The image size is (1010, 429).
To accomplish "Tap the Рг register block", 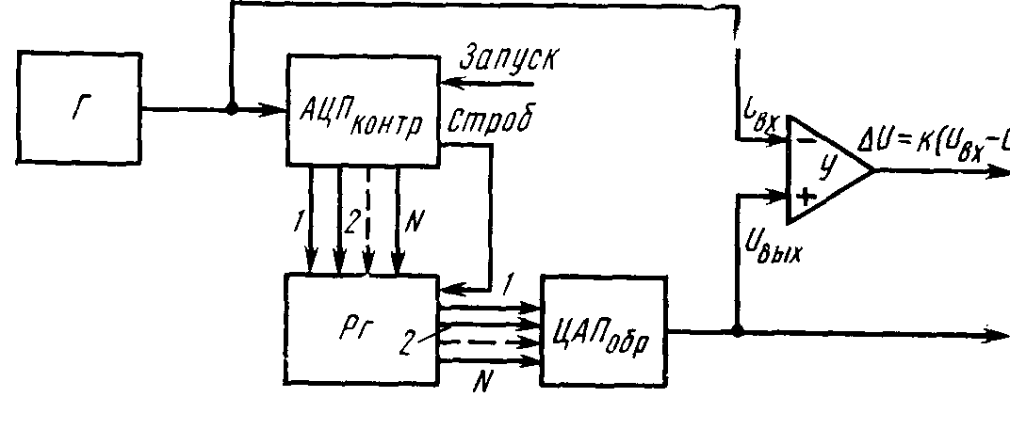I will (362, 329).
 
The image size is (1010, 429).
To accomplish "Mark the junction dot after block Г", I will (230, 109).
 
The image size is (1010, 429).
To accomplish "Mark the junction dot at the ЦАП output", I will (737, 331).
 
